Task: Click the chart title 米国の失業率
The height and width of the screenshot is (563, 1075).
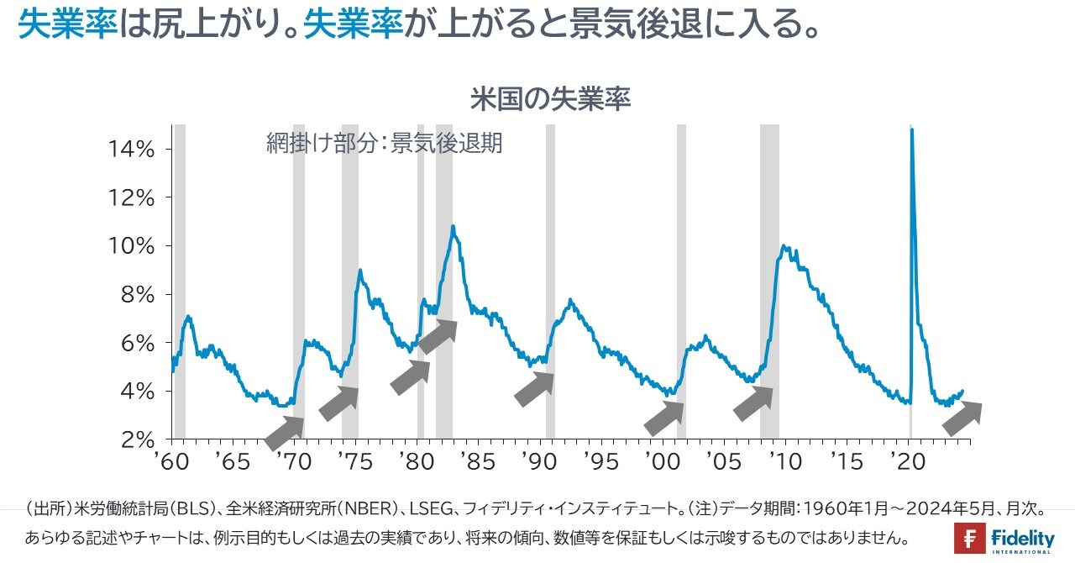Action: (550, 100)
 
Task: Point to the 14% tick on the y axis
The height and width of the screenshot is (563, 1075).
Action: (133, 150)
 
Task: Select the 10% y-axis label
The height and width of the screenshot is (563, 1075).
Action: (133, 247)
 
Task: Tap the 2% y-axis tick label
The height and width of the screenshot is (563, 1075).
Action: (139, 439)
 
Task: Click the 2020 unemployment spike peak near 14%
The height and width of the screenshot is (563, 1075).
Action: (912, 129)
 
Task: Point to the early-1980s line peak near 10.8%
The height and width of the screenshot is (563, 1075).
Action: (453, 226)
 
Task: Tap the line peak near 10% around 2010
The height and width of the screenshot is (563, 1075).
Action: (784, 246)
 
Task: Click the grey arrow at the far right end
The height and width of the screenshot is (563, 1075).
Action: (962, 418)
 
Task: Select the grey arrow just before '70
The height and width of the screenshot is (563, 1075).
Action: (285, 432)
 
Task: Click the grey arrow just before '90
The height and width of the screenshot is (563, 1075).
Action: (534, 389)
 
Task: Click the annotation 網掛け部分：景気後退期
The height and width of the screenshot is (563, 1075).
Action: (384, 144)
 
